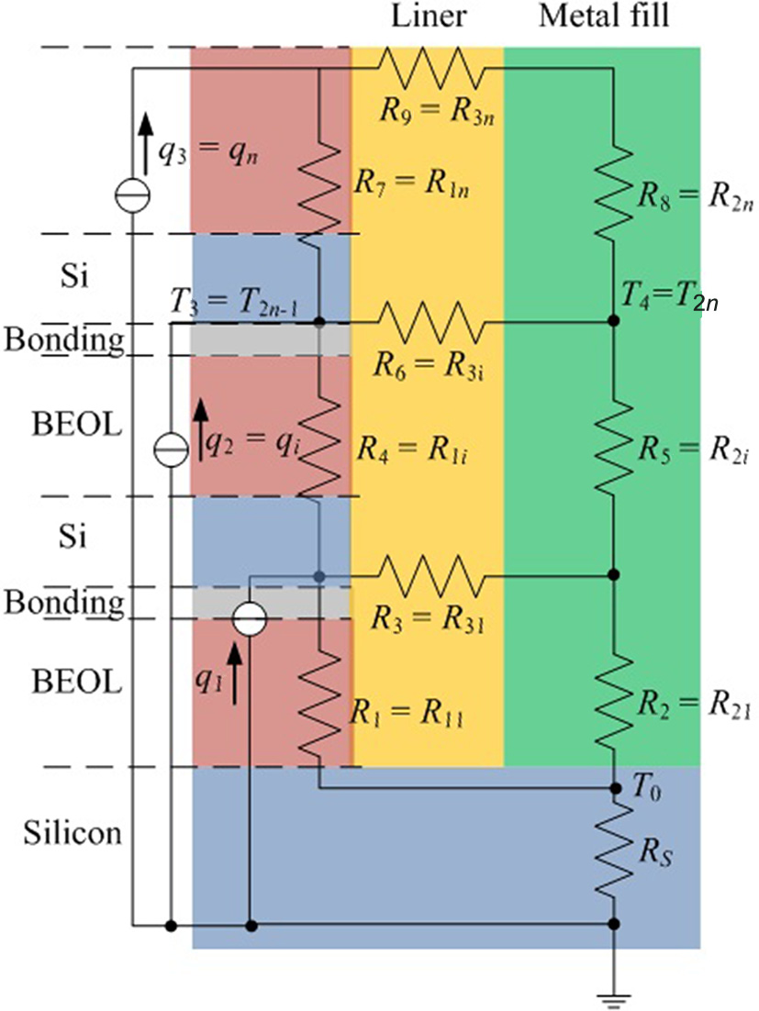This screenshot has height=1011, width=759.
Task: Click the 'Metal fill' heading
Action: (x=616, y=16)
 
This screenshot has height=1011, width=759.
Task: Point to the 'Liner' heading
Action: (x=425, y=16)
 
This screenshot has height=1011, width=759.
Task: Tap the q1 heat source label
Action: (x=211, y=656)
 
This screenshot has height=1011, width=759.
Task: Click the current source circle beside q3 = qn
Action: (x=133, y=194)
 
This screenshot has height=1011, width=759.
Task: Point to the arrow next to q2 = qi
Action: (x=198, y=433)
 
